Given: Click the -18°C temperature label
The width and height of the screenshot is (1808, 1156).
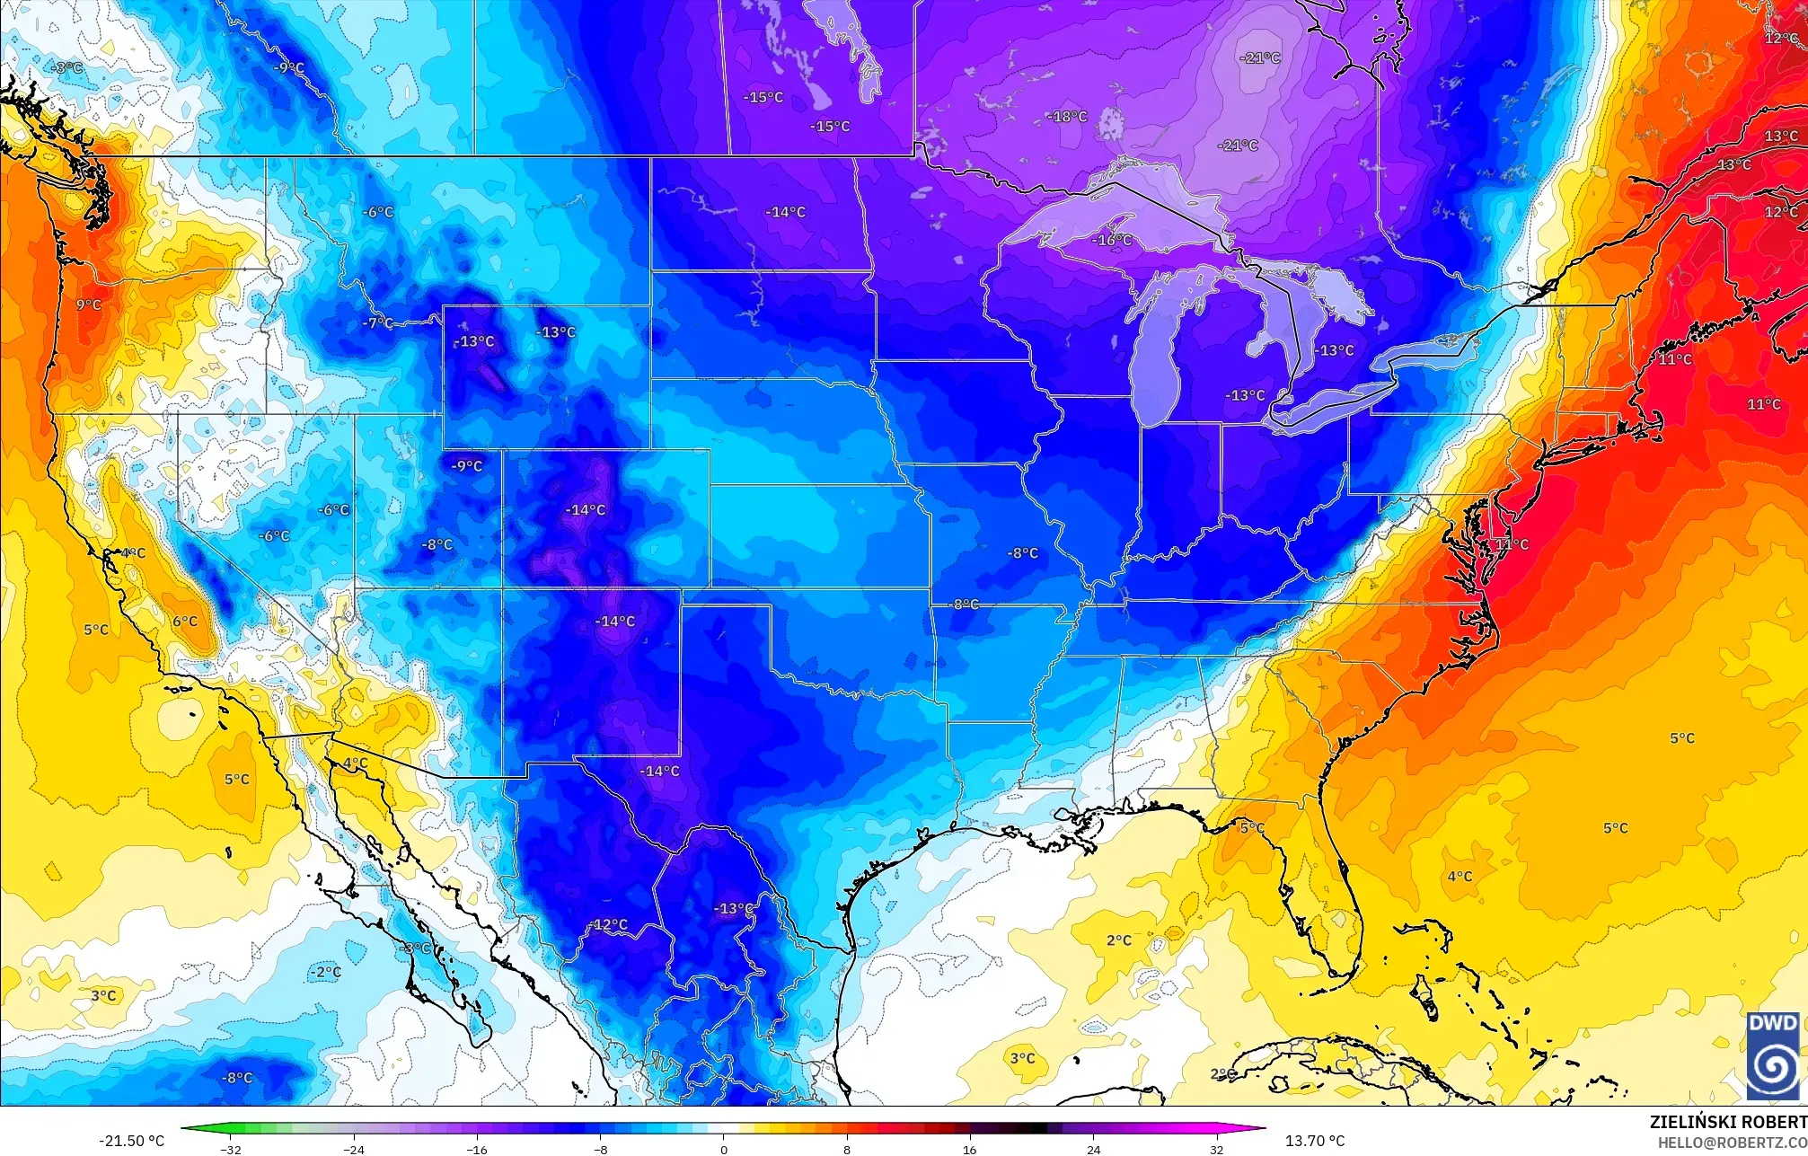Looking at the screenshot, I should (x=1068, y=117).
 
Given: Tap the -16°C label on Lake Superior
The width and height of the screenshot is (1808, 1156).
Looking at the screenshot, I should (x=1112, y=240).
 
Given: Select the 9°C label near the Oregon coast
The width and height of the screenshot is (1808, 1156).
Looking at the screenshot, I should (x=89, y=305).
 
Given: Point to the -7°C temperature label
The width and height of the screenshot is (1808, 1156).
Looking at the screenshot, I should (x=377, y=323).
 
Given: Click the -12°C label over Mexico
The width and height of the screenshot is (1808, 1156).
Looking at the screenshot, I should (x=610, y=925).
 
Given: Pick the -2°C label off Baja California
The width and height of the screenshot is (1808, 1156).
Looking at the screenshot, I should (x=326, y=972).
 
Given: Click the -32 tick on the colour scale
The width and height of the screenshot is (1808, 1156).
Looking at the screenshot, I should (x=232, y=1149).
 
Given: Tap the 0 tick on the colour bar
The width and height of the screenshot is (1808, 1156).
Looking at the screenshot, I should (x=724, y=1149).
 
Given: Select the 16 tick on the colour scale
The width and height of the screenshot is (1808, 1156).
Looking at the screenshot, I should (x=970, y=1149).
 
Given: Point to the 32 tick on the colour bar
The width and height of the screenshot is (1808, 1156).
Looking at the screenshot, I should (x=1216, y=1149).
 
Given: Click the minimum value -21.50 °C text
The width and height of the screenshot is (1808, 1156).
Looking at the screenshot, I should (x=131, y=1141).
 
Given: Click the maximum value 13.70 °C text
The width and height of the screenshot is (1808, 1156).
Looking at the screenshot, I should (x=1315, y=1141).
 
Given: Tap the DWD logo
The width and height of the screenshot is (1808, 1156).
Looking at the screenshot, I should (x=1773, y=1055).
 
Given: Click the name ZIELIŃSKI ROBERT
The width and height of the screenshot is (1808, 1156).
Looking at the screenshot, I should (x=1728, y=1123).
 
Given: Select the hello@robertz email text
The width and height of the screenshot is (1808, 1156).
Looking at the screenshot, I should (x=1732, y=1143).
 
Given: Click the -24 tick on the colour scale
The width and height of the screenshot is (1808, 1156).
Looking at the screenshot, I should (x=355, y=1149).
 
